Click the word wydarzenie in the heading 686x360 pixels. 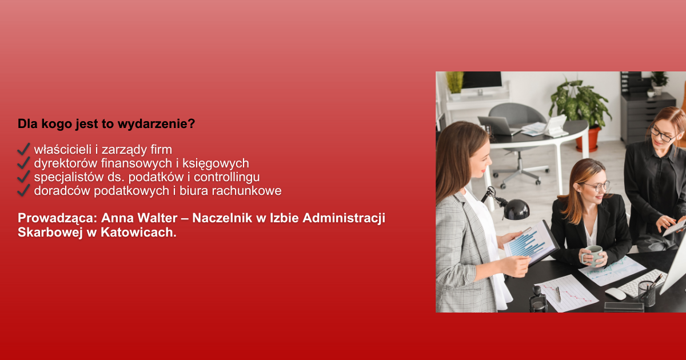[156, 124]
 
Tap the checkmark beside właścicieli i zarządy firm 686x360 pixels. [23, 149]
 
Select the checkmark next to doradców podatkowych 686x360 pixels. [23, 190]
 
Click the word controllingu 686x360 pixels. [226, 177]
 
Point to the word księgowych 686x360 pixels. [216, 163]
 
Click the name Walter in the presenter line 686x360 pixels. [157, 218]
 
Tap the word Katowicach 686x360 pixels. [138, 233]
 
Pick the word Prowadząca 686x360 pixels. [57, 218]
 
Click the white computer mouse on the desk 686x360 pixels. [615, 294]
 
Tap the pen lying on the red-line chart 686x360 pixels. [559, 294]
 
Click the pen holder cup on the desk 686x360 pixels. [647, 294]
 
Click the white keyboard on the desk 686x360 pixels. [642, 283]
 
